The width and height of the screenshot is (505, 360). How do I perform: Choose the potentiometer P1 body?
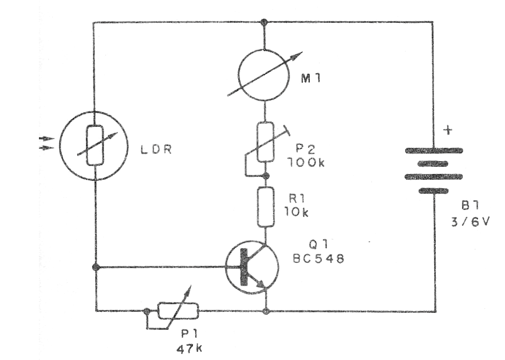click(178, 312)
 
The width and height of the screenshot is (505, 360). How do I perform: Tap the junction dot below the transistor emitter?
click(266, 312)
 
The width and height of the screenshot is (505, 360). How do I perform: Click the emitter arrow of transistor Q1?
click(260, 284)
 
